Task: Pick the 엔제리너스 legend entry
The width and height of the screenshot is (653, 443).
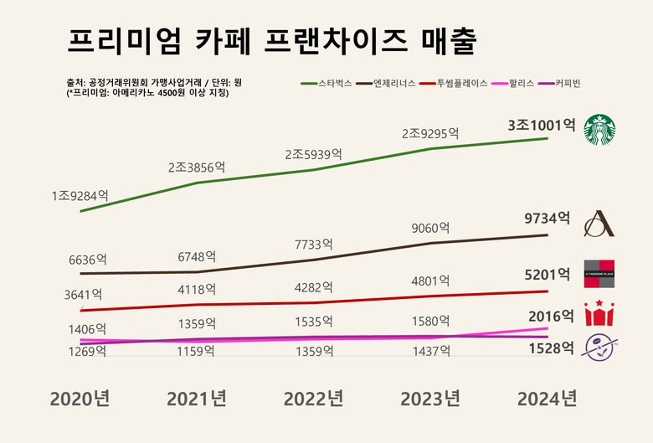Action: (x=391, y=84)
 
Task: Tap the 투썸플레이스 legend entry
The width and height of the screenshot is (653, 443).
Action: (x=459, y=84)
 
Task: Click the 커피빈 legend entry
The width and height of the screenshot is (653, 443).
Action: (x=567, y=84)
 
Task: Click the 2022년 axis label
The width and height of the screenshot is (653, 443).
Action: (x=313, y=398)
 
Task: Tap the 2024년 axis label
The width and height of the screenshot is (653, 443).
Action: (x=547, y=398)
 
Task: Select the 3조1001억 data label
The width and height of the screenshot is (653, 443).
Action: (x=541, y=125)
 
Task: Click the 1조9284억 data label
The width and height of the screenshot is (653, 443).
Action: (x=80, y=195)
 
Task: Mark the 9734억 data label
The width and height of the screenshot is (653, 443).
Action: (x=547, y=219)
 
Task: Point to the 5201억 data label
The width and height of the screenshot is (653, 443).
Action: (x=547, y=274)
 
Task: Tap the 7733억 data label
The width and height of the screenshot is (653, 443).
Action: (x=313, y=245)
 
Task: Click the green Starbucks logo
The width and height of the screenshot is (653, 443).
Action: (x=599, y=130)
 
